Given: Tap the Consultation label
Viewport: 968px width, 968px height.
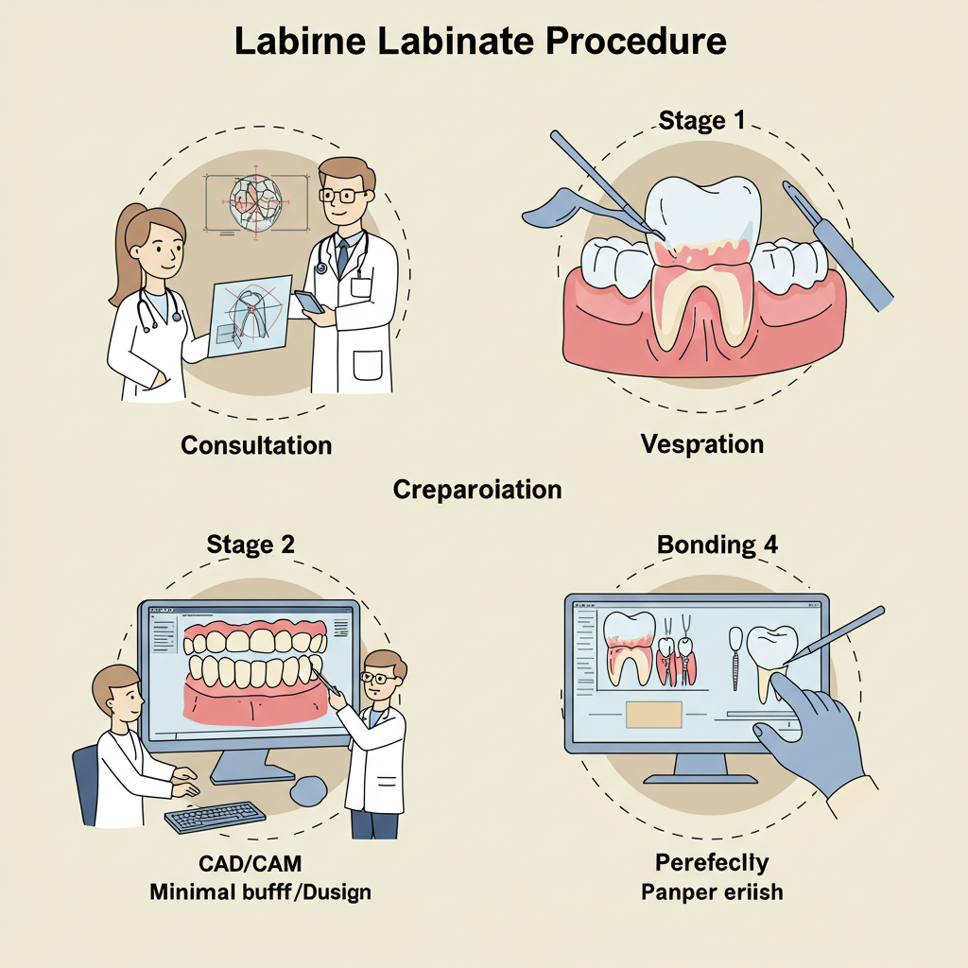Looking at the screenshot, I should (x=256, y=444).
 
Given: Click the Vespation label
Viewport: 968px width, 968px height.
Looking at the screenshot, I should (x=701, y=443).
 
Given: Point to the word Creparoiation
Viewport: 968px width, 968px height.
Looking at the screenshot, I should (x=477, y=490).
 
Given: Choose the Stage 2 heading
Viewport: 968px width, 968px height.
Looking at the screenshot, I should (x=251, y=544).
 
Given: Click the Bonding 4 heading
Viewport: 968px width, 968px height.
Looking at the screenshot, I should (x=718, y=545).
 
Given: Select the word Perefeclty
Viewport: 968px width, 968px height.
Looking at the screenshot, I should (x=712, y=862).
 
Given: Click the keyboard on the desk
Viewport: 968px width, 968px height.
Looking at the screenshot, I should (x=215, y=817).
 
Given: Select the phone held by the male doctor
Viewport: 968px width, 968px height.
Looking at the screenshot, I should (x=309, y=302).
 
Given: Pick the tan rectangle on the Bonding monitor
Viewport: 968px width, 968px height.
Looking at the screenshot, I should (x=653, y=714).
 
